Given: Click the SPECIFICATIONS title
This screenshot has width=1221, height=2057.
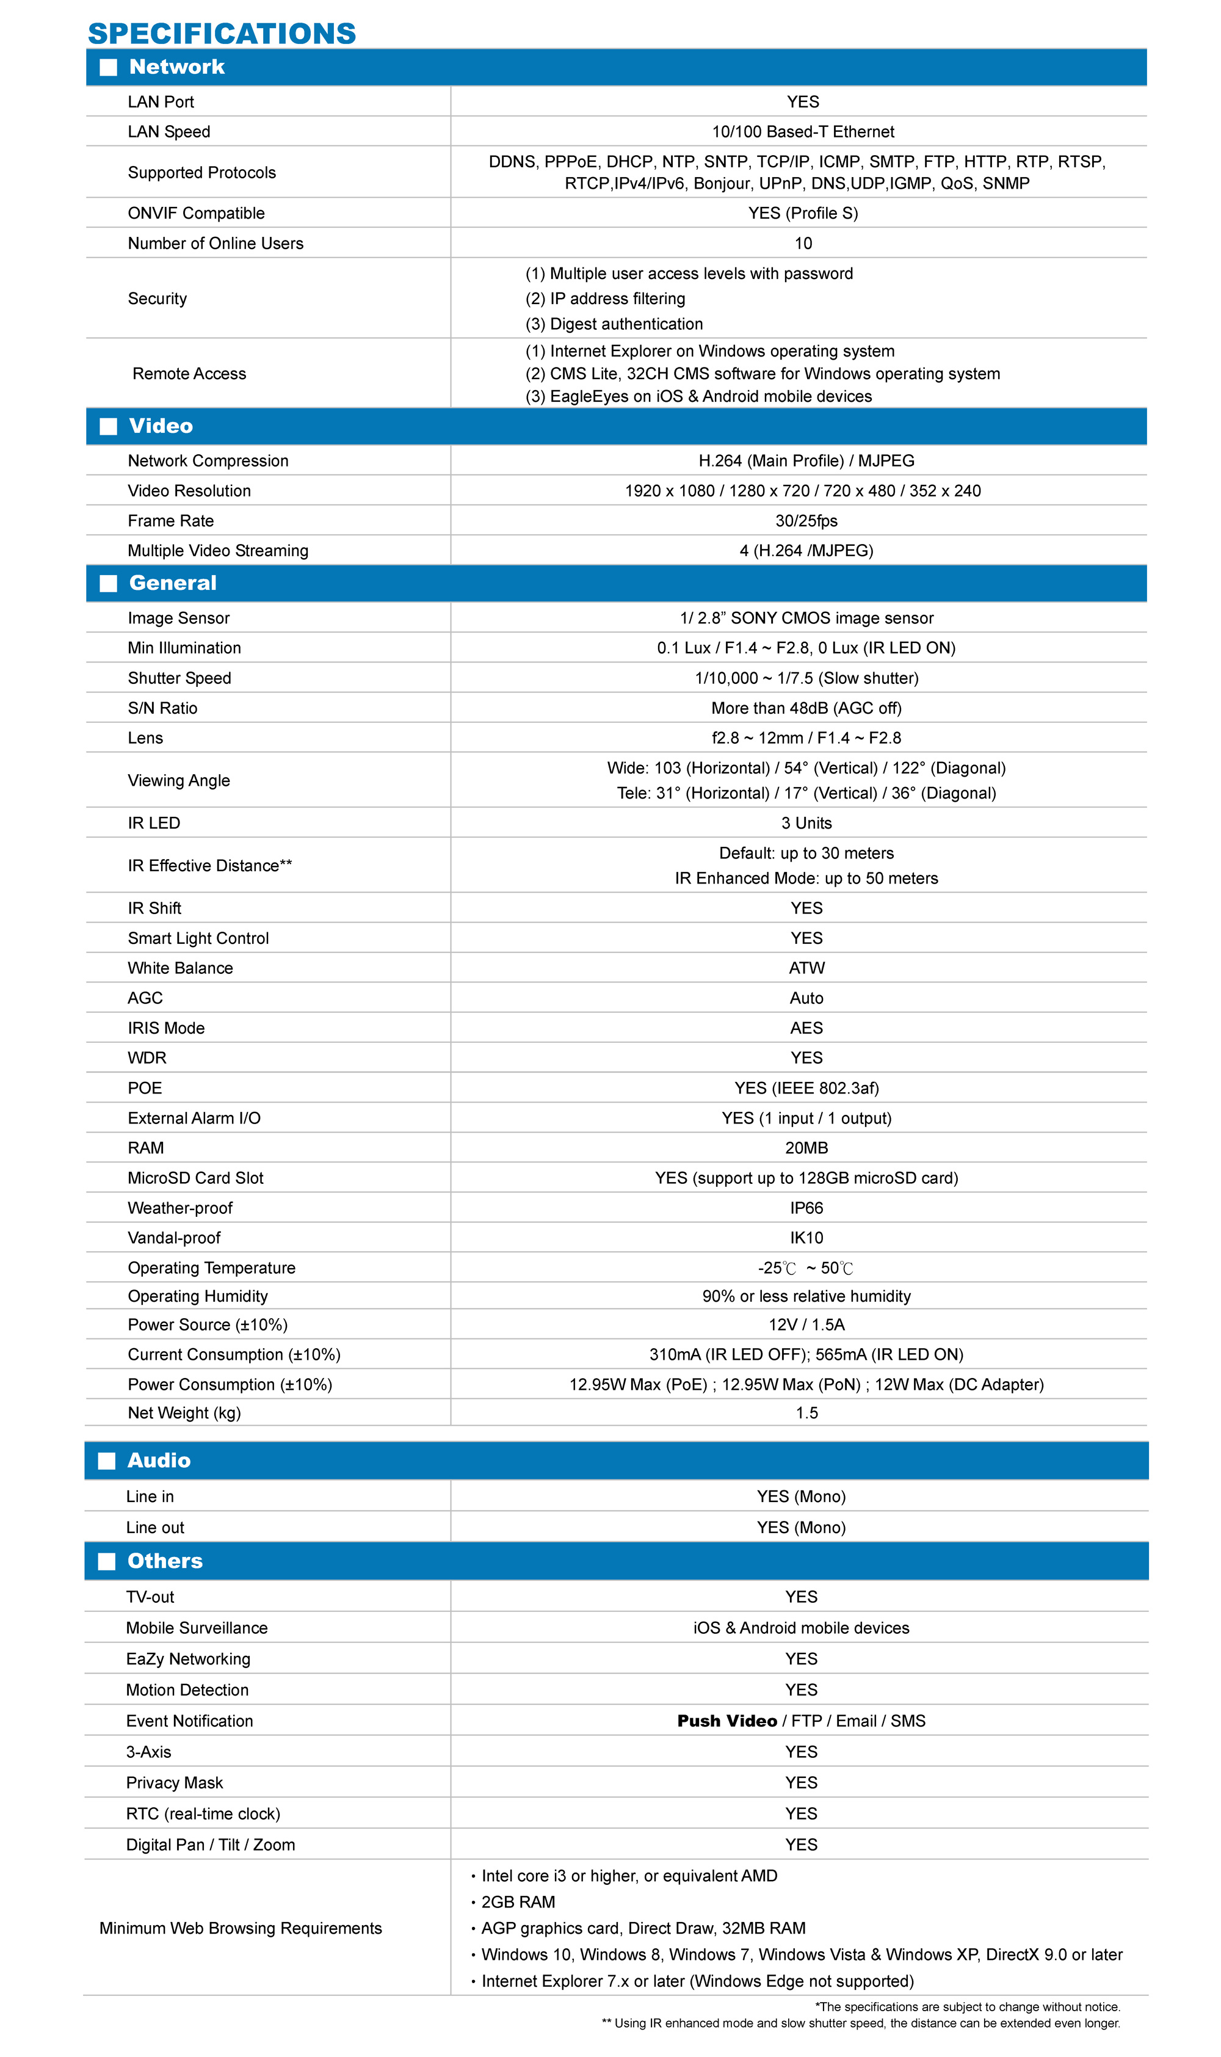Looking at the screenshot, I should (222, 33).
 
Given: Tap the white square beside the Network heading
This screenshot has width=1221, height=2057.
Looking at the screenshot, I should (108, 68).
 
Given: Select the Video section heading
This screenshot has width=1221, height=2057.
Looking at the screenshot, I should (161, 426).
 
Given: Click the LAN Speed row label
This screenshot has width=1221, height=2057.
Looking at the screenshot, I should (168, 132).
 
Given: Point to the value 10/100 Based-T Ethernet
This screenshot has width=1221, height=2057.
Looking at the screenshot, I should (802, 132).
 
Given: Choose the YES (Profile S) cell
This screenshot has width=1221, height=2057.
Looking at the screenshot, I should (802, 213).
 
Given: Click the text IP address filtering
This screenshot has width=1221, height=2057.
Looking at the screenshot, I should (617, 299).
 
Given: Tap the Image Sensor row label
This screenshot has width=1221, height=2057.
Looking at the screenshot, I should (178, 618).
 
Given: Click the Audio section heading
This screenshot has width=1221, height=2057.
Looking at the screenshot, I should (159, 1460).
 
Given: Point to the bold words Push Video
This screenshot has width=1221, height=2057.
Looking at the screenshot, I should (726, 1721).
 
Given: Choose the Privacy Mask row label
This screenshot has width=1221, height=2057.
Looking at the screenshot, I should (175, 1782).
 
